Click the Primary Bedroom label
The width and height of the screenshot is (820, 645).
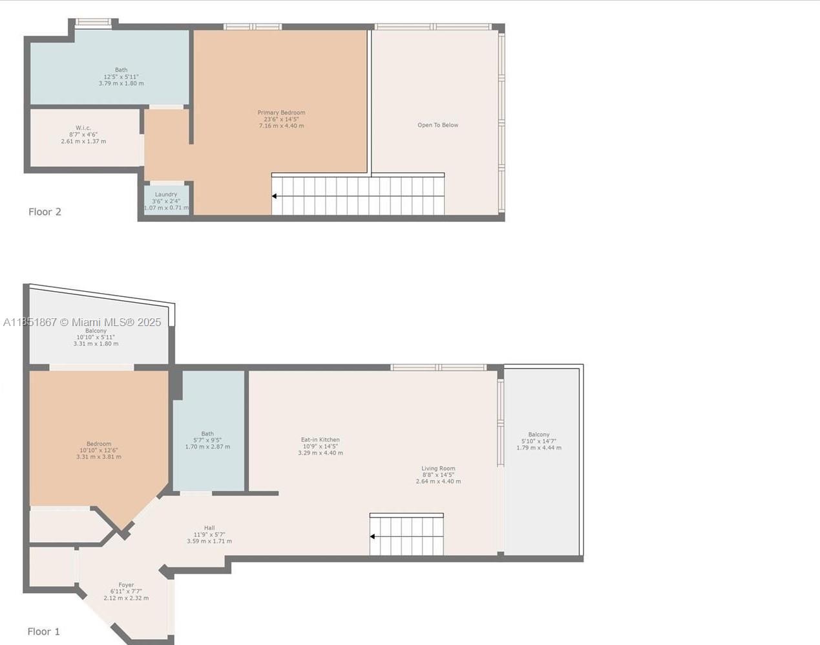[x=281, y=113]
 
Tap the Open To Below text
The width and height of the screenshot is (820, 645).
[x=437, y=125]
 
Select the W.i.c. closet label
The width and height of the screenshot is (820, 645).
[x=83, y=127]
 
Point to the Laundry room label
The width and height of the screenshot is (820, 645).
[x=166, y=194]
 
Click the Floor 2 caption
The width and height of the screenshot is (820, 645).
[x=45, y=212]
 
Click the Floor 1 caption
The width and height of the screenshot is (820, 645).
[x=43, y=631]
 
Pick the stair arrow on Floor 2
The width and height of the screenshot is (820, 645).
[x=275, y=196]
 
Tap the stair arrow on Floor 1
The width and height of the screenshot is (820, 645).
[x=373, y=536]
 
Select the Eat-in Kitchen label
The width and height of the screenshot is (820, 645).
[x=321, y=440]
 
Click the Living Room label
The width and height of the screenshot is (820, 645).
[x=438, y=468]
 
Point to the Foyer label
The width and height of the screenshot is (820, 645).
[x=126, y=585]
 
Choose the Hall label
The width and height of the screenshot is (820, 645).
[x=209, y=528]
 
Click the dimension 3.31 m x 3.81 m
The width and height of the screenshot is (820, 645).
[x=99, y=457]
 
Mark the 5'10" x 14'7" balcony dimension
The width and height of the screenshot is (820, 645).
[x=539, y=441]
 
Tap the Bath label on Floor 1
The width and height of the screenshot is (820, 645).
[x=207, y=434]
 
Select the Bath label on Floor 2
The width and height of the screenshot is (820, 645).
[x=121, y=70]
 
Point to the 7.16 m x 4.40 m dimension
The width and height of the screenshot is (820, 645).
[x=281, y=126]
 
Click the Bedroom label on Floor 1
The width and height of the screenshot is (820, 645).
[x=99, y=444]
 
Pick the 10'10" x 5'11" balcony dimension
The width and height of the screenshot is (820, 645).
[x=96, y=337]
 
